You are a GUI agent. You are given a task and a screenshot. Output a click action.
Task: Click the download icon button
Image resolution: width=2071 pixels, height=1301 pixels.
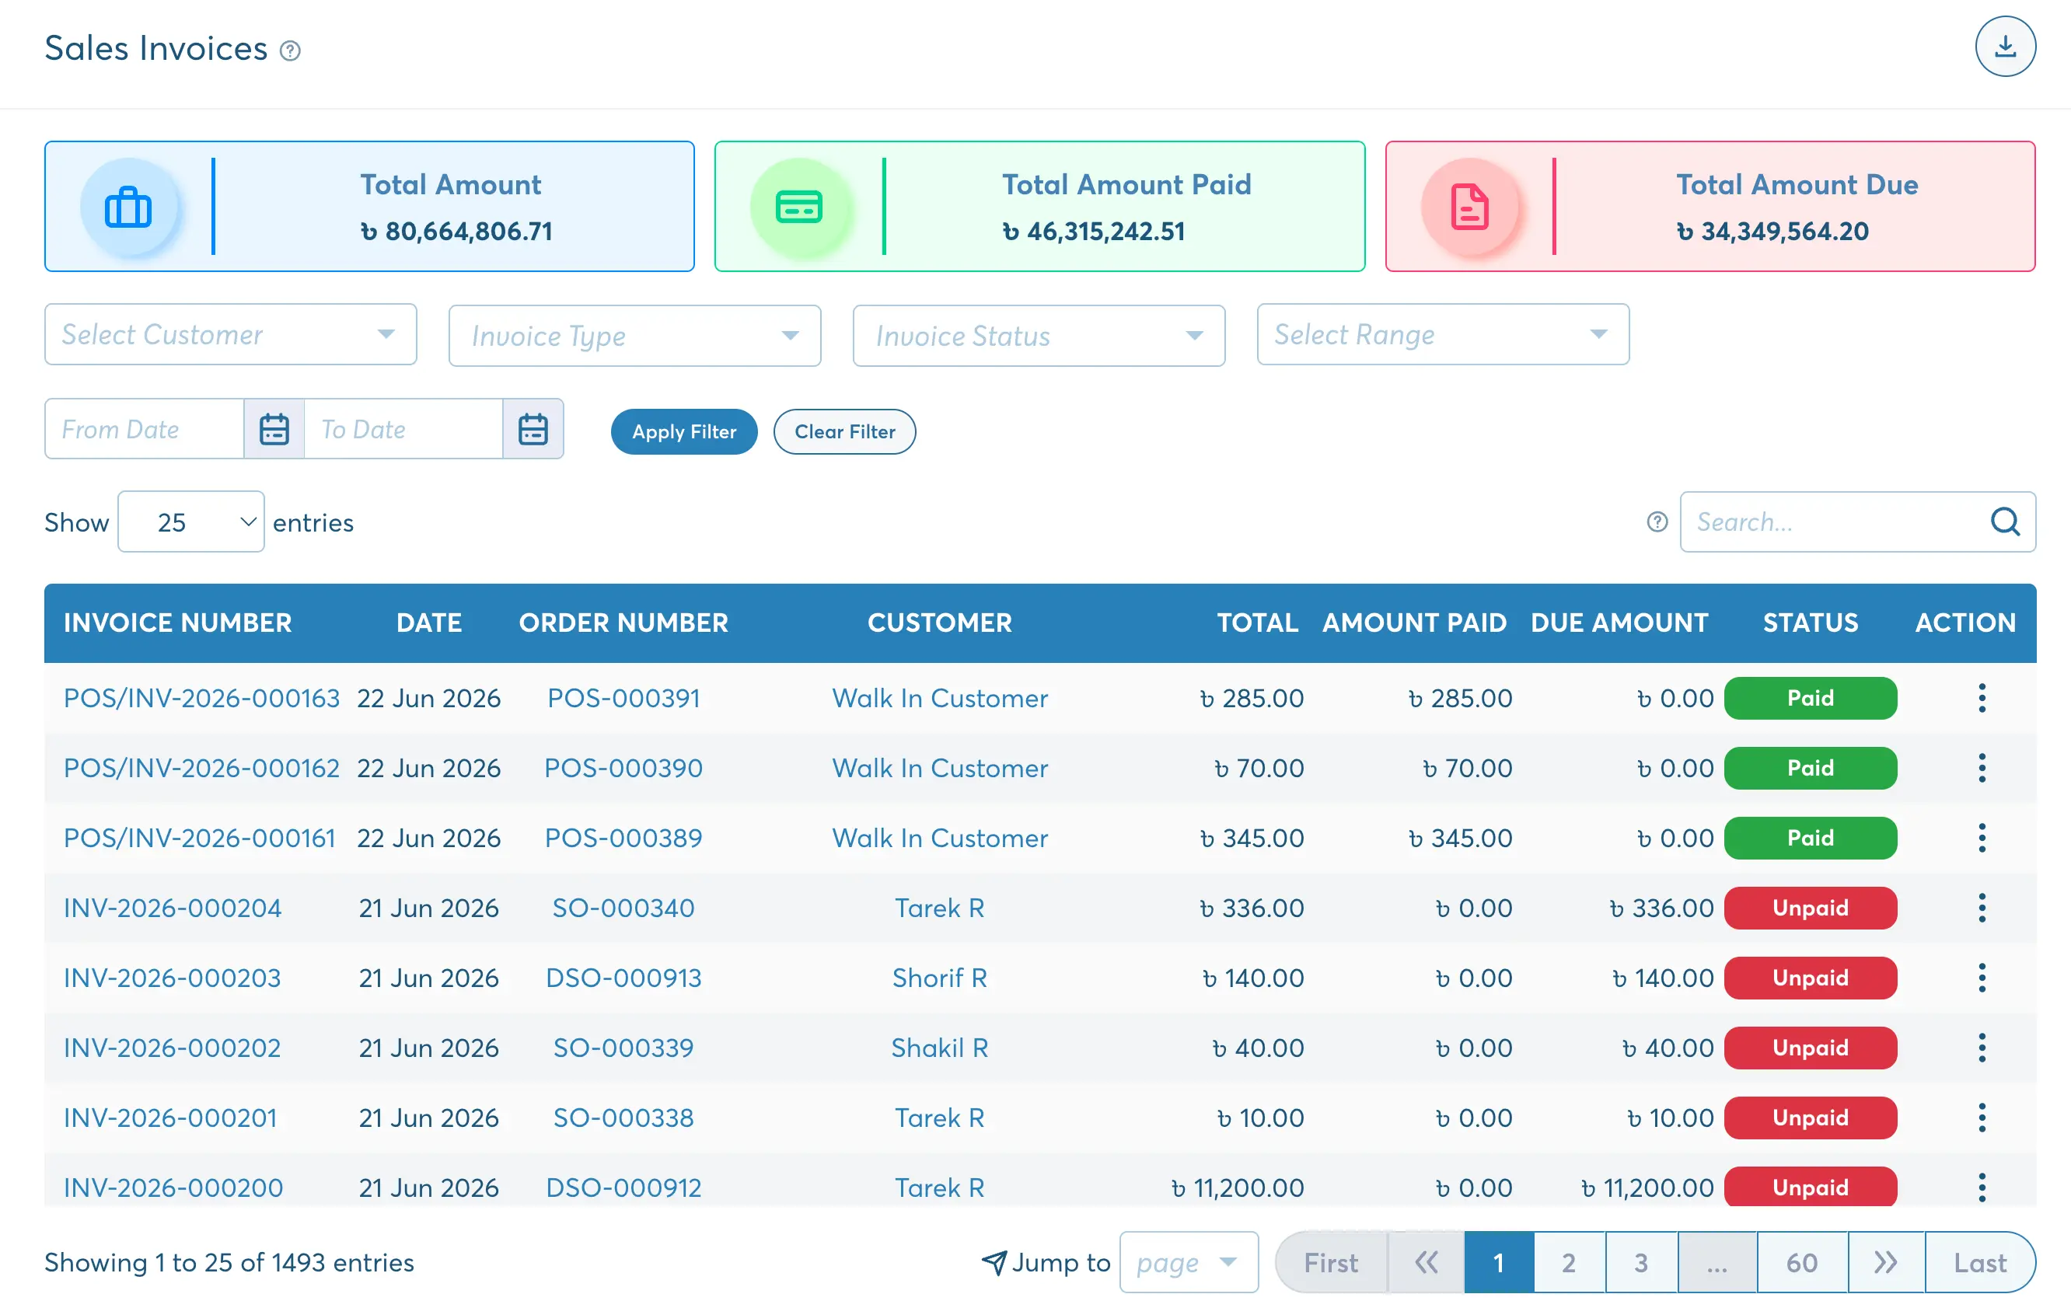[2005, 47]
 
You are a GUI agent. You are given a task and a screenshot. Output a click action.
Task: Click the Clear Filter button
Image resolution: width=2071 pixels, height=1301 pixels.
[843, 431]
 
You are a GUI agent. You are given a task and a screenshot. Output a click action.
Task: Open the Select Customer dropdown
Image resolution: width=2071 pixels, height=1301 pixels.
[230, 334]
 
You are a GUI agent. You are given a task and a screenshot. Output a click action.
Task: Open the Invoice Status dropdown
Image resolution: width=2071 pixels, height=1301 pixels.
[1038, 336]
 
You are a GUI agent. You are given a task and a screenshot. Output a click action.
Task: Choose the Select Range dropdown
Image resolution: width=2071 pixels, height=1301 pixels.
[1442, 334]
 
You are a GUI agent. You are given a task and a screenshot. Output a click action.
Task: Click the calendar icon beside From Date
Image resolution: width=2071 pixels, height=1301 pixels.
[274, 429]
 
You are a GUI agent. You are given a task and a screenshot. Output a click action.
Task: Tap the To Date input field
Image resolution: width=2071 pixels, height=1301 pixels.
[403, 429]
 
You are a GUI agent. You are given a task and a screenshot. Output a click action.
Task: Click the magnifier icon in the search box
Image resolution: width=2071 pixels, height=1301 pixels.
[2005, 521]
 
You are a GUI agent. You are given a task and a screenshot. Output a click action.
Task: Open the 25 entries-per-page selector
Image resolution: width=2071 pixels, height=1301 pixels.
[191, 522]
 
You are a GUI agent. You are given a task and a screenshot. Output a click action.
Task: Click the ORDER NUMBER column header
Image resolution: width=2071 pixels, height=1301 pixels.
[623, 623]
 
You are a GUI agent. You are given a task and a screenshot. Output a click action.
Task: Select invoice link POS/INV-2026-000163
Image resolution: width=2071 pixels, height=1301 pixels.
[201, 698]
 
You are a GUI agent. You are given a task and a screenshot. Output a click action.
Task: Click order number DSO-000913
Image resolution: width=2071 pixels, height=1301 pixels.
[623, 978]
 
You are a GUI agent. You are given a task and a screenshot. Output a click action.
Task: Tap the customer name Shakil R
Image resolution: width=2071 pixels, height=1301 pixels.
[939, 1048]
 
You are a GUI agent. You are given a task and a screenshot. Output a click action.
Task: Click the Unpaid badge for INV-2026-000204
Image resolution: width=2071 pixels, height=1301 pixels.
[1811, 908]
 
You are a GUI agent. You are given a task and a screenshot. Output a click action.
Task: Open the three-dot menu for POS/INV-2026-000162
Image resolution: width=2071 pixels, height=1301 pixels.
[1982, 768]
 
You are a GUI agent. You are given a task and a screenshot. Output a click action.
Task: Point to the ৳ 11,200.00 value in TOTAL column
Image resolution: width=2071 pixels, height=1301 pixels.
[1238, 1188]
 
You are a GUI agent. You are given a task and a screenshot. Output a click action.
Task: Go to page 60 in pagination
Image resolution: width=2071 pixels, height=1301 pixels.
[1802, 1262]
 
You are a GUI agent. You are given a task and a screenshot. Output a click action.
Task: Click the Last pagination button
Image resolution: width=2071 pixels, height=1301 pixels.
[1980, 1262]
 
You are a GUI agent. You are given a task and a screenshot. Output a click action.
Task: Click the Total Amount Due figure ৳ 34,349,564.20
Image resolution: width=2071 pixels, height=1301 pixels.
[1772, 232]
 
